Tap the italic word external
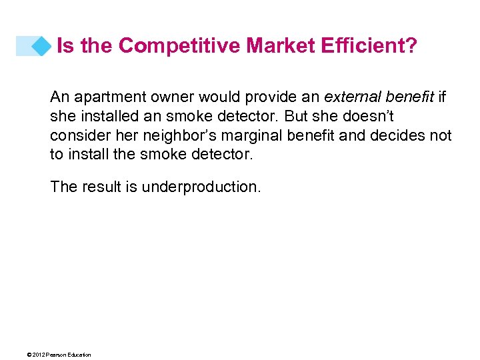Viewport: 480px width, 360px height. pyautogui.click(x=350, y=97)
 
